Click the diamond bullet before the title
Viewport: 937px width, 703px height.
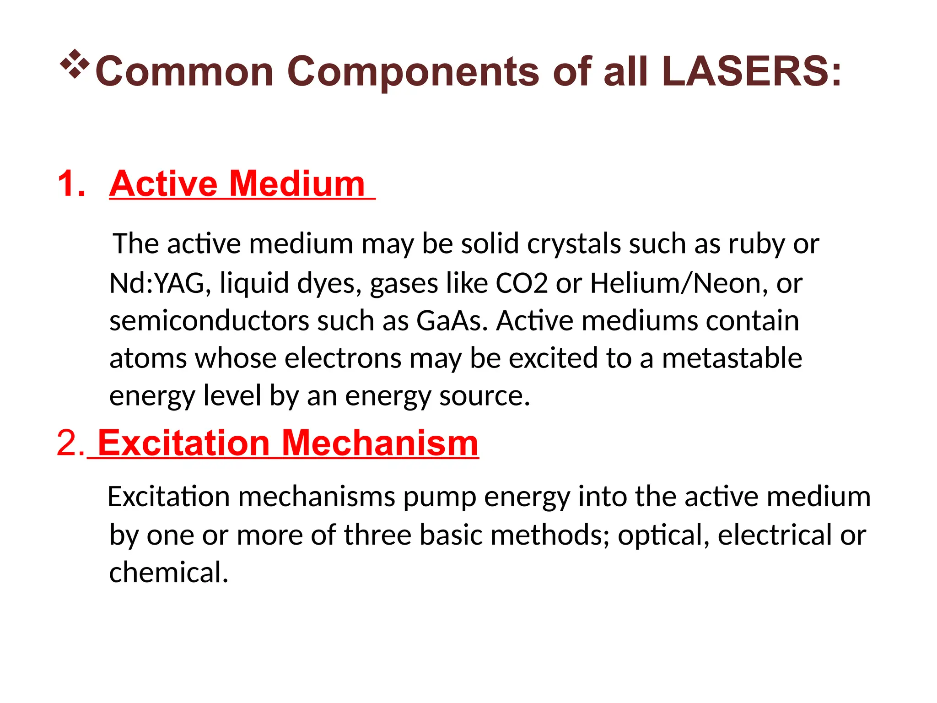click(75, 64)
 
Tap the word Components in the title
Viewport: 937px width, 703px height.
click(413, 72)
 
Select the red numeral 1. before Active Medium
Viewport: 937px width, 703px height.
click(72, 184)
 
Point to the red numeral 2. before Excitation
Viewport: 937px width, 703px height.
click(70, 443)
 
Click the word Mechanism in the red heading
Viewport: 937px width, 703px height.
click(380, 443)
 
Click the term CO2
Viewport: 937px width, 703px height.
click(522, 283)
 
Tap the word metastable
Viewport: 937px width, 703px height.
click(732, 358)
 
